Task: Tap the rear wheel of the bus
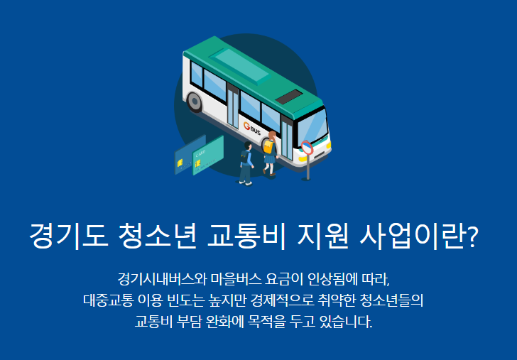[195, 103]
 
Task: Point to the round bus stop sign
[307, 148]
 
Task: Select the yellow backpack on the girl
[268, 147]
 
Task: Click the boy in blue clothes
[246, 164]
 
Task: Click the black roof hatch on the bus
[289, 97]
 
